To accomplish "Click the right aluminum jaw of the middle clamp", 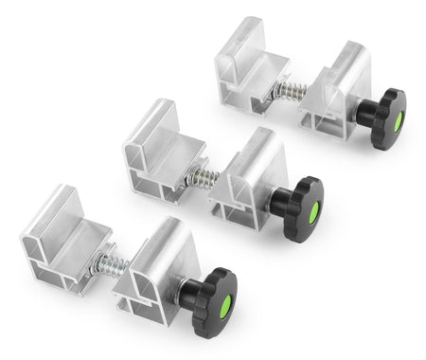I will [x=251, y=175].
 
